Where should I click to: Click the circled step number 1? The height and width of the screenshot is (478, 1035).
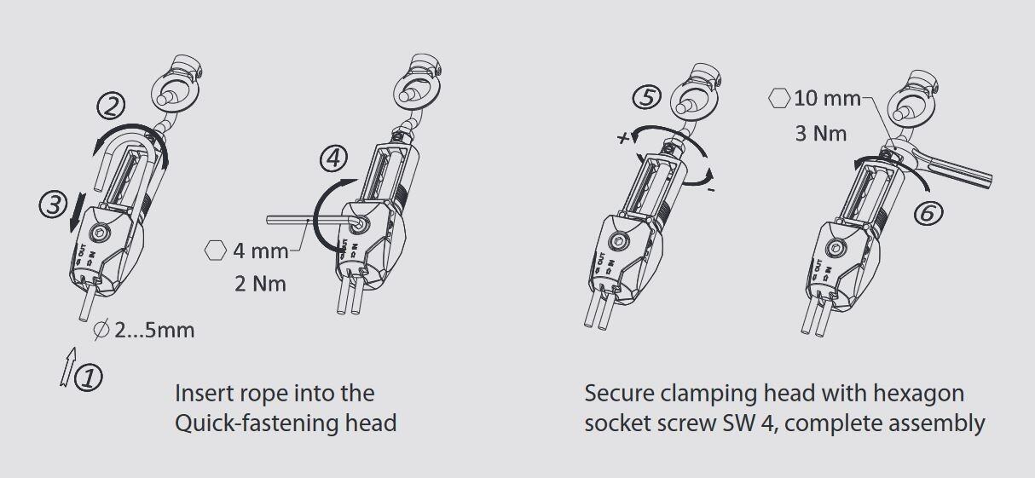coord(89,377)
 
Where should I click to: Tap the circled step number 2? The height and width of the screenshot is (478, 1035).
coord(111,106)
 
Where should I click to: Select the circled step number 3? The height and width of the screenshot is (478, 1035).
coord(54,205)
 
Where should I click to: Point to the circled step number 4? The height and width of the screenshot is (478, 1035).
coord(333,158)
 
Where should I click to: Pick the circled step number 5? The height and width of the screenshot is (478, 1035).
coord(646,97)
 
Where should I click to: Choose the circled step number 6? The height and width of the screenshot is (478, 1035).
coord(928,213)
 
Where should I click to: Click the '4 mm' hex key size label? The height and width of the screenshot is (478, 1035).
coord(261,251)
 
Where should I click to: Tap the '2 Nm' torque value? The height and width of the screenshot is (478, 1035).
coord(260,284)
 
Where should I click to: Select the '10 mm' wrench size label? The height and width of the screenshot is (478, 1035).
coord(827,98)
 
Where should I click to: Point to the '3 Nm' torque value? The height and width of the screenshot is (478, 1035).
coord(821,134)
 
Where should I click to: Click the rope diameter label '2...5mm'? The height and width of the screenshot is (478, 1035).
coord(154,331)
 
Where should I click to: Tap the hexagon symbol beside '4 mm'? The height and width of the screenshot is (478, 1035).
coord(216,251)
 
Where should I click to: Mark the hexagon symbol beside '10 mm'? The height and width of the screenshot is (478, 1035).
coord(779,98)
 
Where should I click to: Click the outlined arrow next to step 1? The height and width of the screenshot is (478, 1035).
coord(68,366)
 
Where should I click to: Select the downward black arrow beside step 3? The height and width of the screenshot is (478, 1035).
coord(77,213)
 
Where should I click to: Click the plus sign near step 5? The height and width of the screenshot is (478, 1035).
coord(623,137)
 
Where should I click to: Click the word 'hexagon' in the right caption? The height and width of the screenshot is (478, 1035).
coord(918,394)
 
